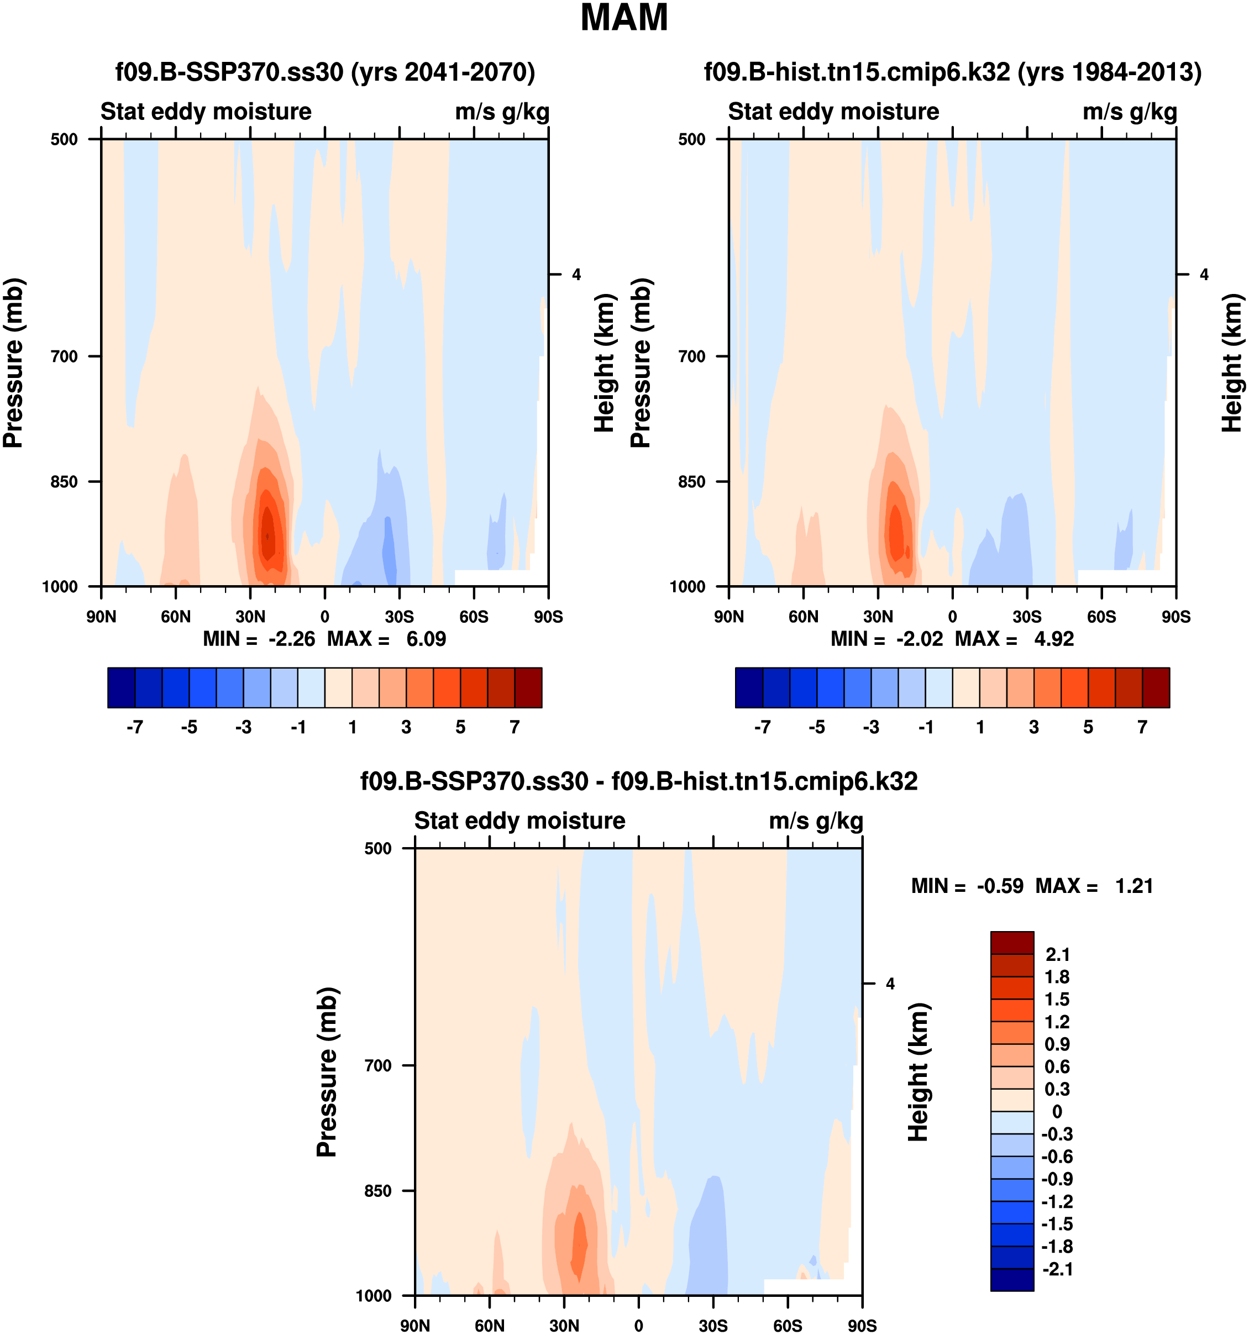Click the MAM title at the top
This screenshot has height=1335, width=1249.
(x=624, y=18)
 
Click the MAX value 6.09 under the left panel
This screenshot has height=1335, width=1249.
(x=426, y=639)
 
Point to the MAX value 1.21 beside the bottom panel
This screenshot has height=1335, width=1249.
(x=1133, y=886)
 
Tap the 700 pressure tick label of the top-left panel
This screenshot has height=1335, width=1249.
(x=65, y=356)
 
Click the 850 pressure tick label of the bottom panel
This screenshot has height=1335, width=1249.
(x=378, y=1191)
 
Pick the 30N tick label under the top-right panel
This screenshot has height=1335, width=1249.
(x=878, y=617)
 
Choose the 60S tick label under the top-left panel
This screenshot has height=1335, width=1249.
(x=474, y=617)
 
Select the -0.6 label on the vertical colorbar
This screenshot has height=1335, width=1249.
(x=1057, y=1157)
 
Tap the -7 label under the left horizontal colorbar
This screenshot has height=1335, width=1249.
(x=134, y=727)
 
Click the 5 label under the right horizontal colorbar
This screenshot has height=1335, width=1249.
(x=1088, y=727)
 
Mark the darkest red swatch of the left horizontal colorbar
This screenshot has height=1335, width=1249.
(x=528, y=687)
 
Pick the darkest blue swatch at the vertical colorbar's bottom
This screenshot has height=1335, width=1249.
(x=1012, y=1279)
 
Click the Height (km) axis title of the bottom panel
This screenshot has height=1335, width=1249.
(x=918, y=1072)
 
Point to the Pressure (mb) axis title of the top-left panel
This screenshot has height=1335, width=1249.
(x=13, y=362)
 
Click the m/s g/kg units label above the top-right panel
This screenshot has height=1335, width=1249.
(x=1130, y=112)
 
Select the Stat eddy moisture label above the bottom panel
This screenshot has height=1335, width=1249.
(x=519, y=821)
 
